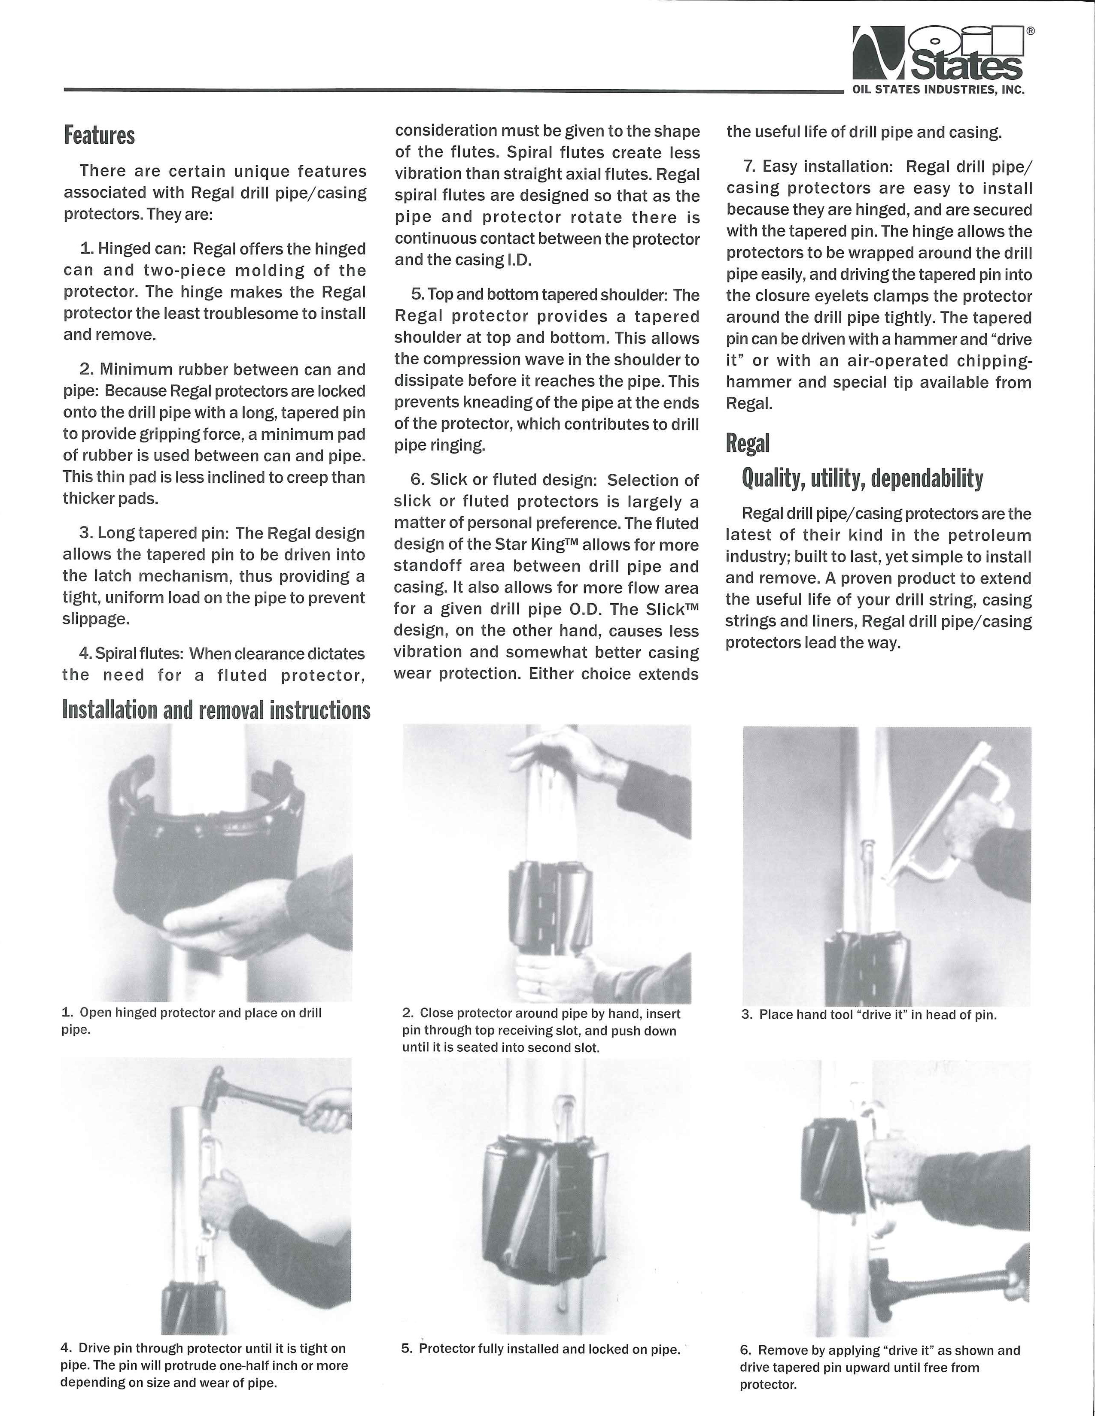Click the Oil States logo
point(939,53)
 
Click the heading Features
point(99,135)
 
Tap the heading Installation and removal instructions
point(216,710)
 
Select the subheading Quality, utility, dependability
point(862,478)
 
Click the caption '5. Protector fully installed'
point(540,1349)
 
